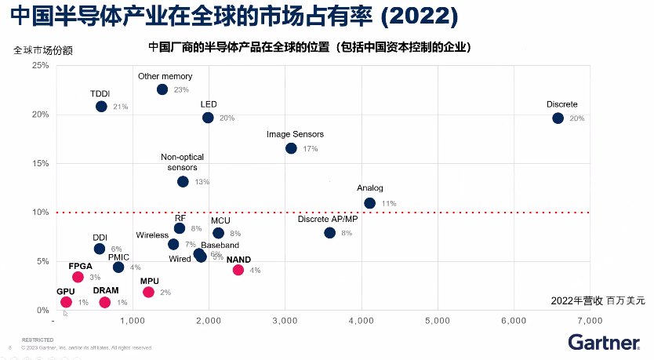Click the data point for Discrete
point(558,118)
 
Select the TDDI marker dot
point(101,107)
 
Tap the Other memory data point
point(162,89)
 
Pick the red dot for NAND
point(238,271)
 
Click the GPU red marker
point(66,302)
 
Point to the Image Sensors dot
point(291,148)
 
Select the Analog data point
point(369,203)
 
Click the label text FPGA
point(81,266)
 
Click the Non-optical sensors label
point(183,162)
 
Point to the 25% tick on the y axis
point(40,65)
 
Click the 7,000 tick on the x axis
point(588,322)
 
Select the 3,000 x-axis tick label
point(284,322)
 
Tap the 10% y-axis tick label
point(40,213)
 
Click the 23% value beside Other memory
point(181,90)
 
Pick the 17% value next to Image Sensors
point(310,149)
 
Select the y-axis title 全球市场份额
point(44,50)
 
